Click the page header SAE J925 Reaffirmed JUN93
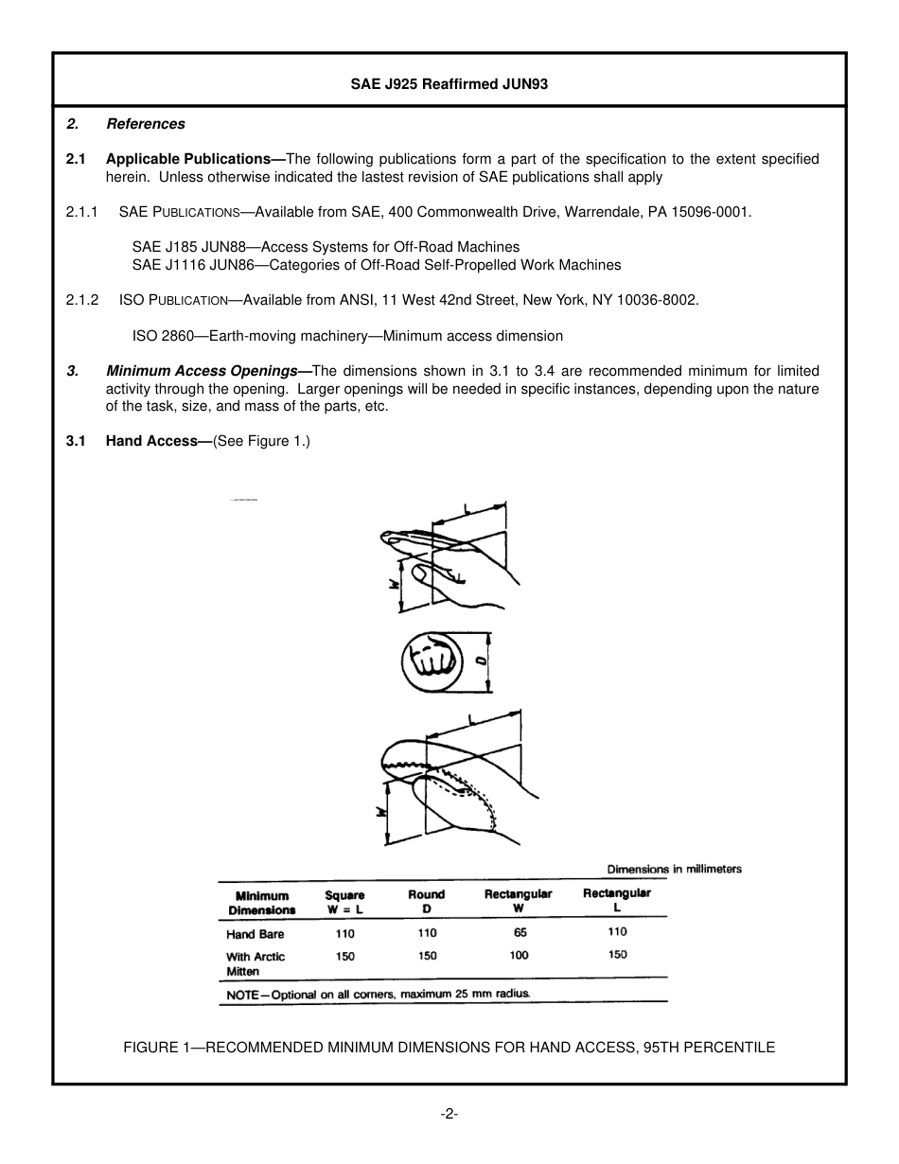tap(449, 84)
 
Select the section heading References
tap(145, 124)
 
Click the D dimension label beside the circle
tap(481, 661)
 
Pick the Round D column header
tap(426, 901)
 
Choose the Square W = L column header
tap(344, 902)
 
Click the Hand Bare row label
tap(255, 934)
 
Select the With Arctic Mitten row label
tap(255, 963)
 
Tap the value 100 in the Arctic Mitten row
tap(519, 956)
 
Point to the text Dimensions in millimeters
tap(674, 869)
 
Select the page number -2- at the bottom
tap(449, 1114)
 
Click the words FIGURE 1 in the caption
tap(157, 1047)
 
